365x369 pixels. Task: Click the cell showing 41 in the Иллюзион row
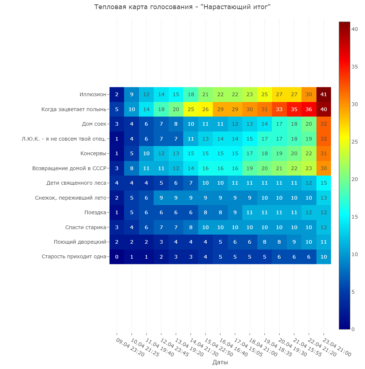click(x=323, y=94)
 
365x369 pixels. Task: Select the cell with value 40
click(x=323, y=109)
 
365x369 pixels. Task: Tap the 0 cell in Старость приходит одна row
click(x=117, y=257)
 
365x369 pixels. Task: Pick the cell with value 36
click(x=309, y=109)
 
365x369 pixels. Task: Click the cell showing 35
click(x=294, y=109)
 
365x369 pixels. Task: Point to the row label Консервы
click(x=93, y=153)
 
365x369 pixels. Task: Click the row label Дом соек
click(x=94, y=124)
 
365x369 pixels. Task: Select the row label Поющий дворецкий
click(x=80, y=242)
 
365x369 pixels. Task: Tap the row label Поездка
click(x=95, y=212)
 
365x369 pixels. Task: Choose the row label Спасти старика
click(x=86, y=227)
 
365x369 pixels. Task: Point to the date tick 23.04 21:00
click(x=337, y=348)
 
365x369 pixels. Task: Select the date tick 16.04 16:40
click(x=234, y=348)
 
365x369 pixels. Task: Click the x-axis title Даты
click(x=220, y=362)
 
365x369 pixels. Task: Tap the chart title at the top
click(x=182, y=7)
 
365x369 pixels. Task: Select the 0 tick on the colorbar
click(x=353, y=329)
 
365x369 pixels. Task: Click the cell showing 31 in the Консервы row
click(x=323, y=153)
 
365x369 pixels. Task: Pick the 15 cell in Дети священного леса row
click(x=323, y=183)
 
